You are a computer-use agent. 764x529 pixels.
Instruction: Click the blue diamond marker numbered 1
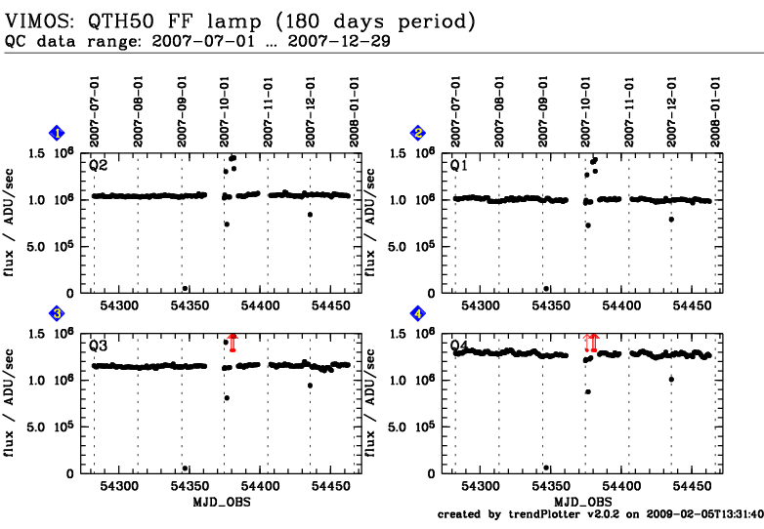(58, 133)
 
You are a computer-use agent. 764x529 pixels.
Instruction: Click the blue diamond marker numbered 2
(418, 133)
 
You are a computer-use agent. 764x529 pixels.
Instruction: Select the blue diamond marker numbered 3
(58, 313)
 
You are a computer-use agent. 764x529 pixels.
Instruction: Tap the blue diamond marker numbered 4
(418, 313)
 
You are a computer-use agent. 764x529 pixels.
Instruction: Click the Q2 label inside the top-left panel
(98, 165)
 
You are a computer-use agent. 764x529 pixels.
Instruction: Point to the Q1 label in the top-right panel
(458, 165)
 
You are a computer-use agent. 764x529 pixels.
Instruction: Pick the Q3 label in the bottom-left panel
(98, 346)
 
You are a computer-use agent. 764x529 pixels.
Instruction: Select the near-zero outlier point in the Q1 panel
(546, 288)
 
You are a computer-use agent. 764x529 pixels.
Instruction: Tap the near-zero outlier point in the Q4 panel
(546, 468)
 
